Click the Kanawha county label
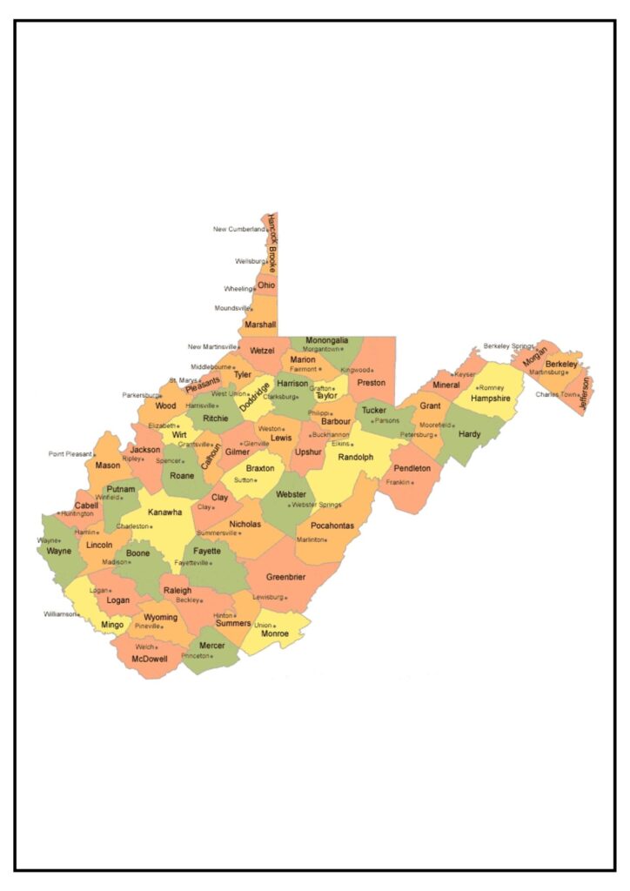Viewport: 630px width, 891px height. [x=164, y=512]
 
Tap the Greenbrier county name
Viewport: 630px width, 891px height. [x=285, y=577]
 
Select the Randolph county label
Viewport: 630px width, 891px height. [x=355, y=457]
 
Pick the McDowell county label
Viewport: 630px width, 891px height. [x=150, y=659]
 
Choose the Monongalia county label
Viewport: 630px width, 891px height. [x=327, y=340]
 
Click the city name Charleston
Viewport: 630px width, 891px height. [x=133, y=526]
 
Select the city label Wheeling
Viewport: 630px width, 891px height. [x=238, y=289]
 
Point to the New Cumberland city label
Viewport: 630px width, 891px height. [x=238, y=230]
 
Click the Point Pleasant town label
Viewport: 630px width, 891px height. [x=70, y=453]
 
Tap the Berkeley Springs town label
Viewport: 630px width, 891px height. [x=508, y=345]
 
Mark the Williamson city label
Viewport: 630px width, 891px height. [x=60, y=613]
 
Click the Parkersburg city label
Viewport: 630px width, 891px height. [x=141, y=395]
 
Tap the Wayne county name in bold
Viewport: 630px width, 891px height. [x=59, y=551]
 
